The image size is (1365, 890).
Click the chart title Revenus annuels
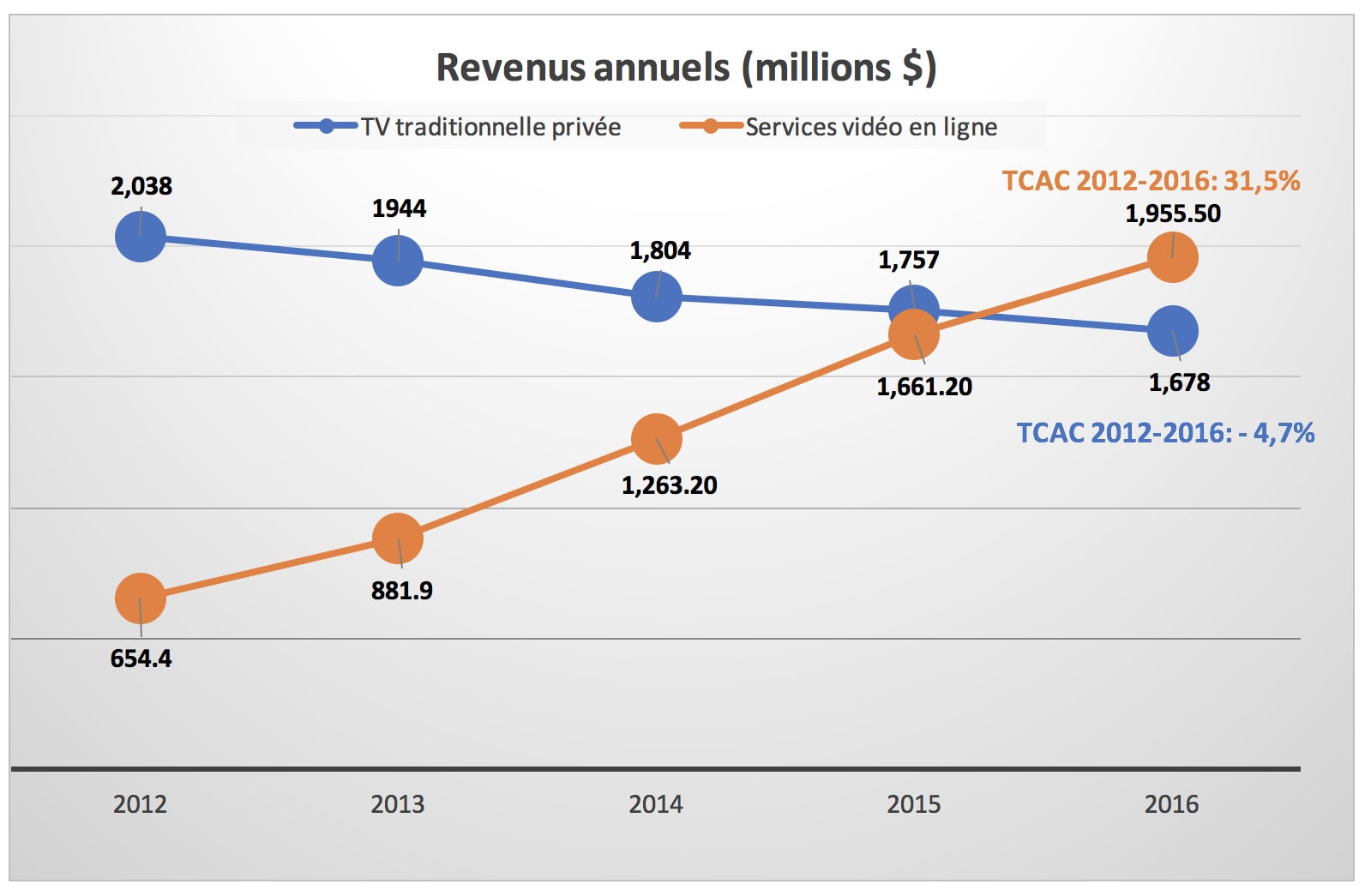[686, 68]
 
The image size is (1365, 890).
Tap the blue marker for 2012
[141, 237]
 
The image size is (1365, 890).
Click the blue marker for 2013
[398, 261]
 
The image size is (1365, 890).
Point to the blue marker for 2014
[657, 297]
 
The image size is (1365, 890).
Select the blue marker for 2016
[1172, 331]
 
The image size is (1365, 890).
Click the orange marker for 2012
[141, 598]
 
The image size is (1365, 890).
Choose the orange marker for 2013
[398, 538]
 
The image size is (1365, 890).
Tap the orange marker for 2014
[657, 439]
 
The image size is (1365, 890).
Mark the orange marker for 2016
[1172, 257]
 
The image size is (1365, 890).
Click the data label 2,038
[141, 186]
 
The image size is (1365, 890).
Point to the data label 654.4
[141, 658]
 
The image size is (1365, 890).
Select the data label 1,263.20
[670, 485]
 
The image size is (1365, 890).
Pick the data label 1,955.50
[1173, 213]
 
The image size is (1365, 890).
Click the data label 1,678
[1179, 382]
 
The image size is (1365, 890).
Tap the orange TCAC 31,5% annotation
[1151, 181]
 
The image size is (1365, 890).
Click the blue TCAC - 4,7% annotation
[1165, 432]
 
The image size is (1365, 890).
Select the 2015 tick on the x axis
[914, 804]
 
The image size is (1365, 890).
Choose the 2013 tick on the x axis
[398, 804]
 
